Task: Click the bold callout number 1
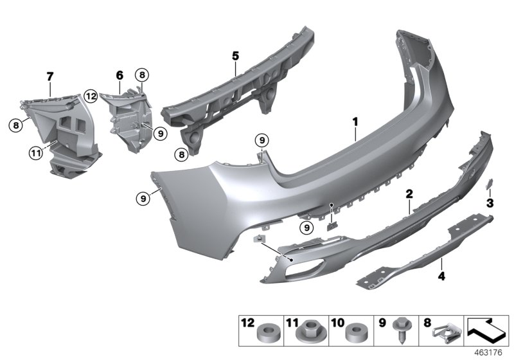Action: (353, 120)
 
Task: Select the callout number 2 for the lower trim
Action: (409, 192)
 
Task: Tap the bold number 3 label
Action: (490, 203)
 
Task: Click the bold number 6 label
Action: (120, 75)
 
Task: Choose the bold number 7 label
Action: (50, 76)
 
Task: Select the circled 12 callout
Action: (91, 96)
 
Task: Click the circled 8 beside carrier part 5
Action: (182, 154)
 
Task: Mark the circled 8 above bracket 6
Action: (141, 74)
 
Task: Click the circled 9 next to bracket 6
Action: (160, 134)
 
